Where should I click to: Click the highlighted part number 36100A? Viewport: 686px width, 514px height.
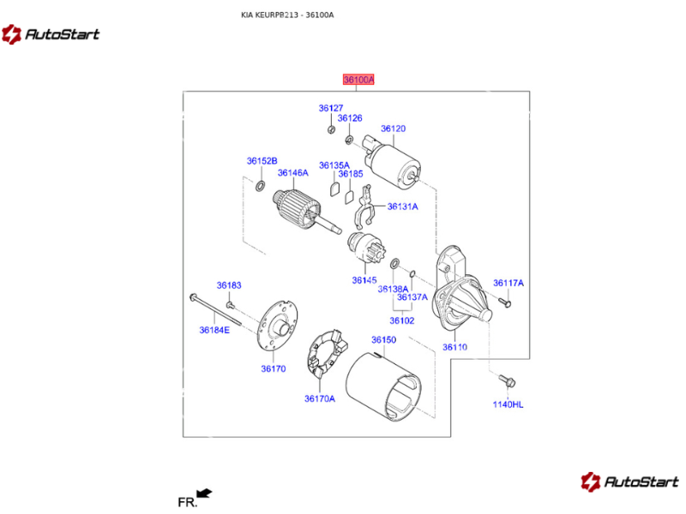pyautogui.click(x=358, y=80)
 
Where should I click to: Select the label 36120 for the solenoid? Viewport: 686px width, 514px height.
pyautogui.click(x=393, y=128)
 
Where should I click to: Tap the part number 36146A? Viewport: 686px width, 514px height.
pyautogui.click(x=292, y=173)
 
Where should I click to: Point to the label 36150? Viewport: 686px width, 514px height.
pyautogui.click(x=383, y=340)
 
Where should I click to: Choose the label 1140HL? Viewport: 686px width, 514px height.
pyautogui.click(x=508, y=403)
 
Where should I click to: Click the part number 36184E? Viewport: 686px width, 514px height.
pyautogui.click(x=214, y=329)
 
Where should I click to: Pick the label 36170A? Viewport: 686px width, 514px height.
pyautogui.click(x=319, y=397)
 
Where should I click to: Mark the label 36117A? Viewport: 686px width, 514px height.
pyautogui.click(x=508, y=283)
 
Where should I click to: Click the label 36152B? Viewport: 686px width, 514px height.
pyautogui.click(x=262, y=161)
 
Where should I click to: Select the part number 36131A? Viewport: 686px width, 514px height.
pyautogui.click(x=402, y=206)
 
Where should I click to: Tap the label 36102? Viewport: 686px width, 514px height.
pyautogui.click(x=401, y=320)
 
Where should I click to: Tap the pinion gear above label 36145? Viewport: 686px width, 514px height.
pyautogui.click(x=364, y=251)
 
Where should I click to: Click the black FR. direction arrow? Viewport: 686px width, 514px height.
pyautogui.click(x=204, y=493)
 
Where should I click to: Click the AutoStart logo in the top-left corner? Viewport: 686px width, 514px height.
pyautogui.click(x=51, y=34)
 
